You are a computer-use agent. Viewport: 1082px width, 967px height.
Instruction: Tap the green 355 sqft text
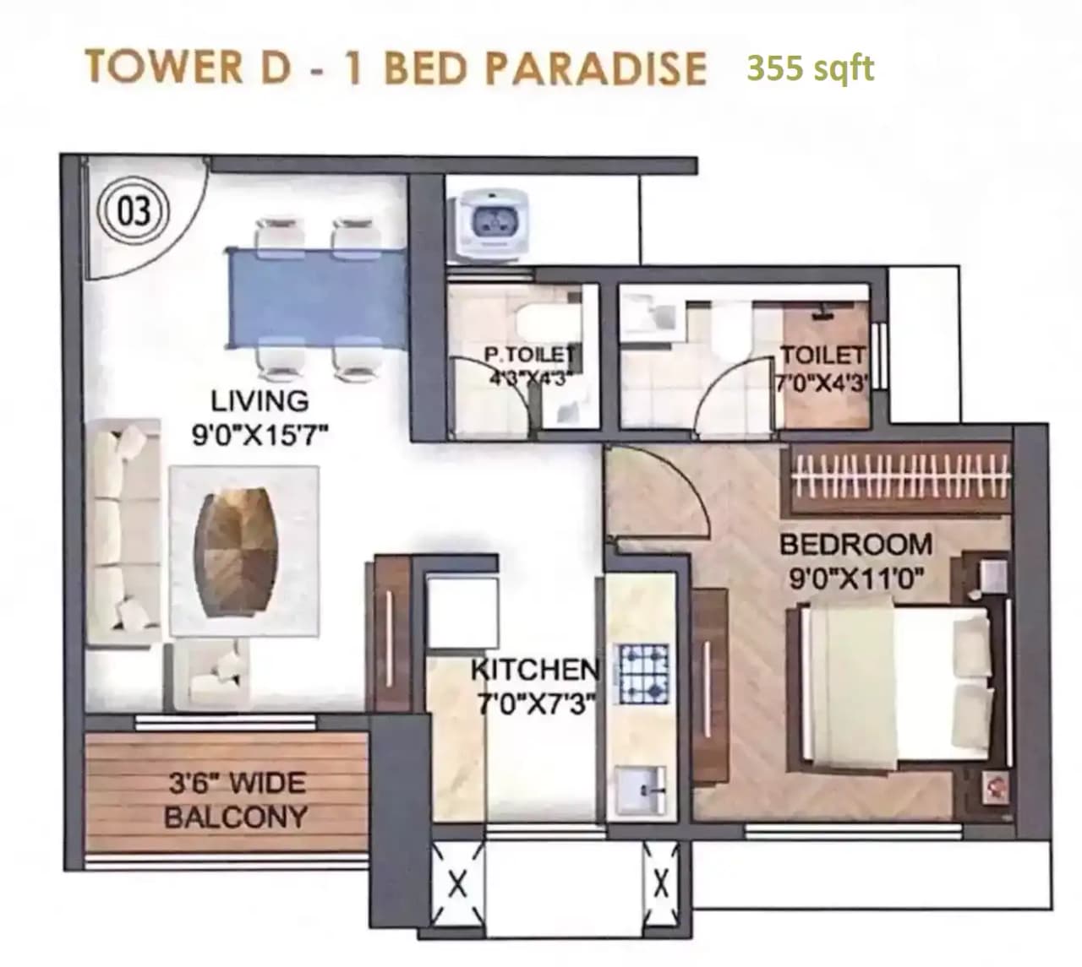pos(810,68)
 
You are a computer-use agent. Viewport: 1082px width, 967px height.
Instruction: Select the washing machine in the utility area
pos(490,223)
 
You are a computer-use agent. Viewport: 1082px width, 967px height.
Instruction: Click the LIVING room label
pos(260,400)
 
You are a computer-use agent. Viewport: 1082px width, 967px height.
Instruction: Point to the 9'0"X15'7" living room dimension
pos(260,436)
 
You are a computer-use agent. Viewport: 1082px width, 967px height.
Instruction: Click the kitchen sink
pos(641,790)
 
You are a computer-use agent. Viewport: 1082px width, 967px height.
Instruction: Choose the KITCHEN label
pos(534,669)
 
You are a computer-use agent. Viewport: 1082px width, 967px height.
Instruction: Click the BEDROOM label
pos(855,544)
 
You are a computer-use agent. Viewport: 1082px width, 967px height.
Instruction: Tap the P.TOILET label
pos(530,355)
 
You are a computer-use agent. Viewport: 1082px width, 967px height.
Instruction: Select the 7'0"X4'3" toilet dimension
pos(822,382)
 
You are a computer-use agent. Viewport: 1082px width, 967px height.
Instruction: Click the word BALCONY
pos(235,817)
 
